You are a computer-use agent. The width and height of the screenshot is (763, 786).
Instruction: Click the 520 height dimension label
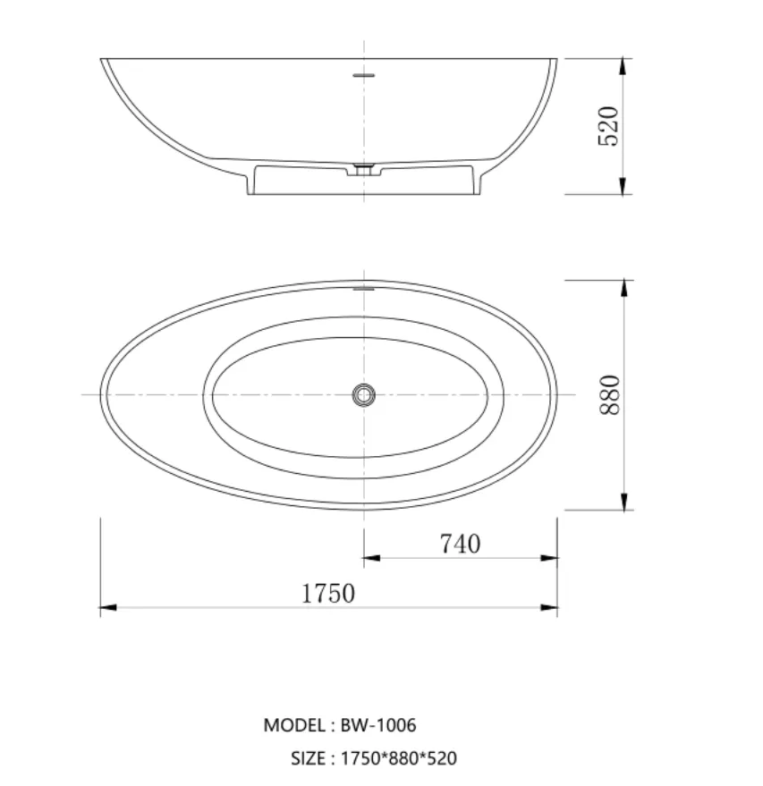coord(608,126)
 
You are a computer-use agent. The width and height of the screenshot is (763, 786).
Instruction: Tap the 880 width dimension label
coord(610,394)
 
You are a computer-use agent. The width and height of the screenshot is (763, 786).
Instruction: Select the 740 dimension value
coord(460,544)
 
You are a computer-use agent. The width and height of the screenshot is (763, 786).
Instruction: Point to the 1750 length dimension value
coord(328,594)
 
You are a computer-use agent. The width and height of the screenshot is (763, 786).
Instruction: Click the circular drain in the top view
coord(363,394)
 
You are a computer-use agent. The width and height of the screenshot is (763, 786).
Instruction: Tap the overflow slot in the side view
coord(363,75)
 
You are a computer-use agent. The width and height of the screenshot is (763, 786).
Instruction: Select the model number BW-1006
coord(378,725)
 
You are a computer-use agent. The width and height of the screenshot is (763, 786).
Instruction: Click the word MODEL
coord(294,725)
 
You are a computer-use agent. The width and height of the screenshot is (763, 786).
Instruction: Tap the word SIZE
coord(308,758)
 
